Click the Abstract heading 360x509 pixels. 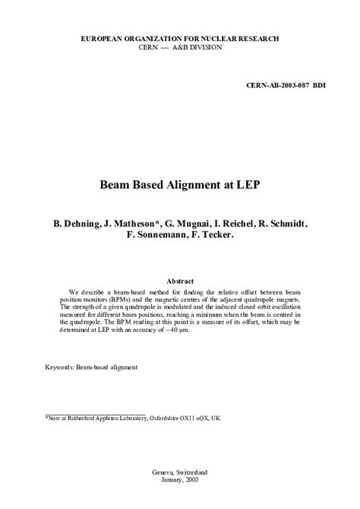pyautogui.click(x=179, y=281)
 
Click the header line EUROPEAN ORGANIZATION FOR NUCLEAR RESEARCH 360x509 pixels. pyautogui.click(x=179, y=38)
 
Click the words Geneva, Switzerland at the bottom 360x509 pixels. pyautogui.click(x=179, y=471)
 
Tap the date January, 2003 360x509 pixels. pyautogui.click(x=179, y=480)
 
